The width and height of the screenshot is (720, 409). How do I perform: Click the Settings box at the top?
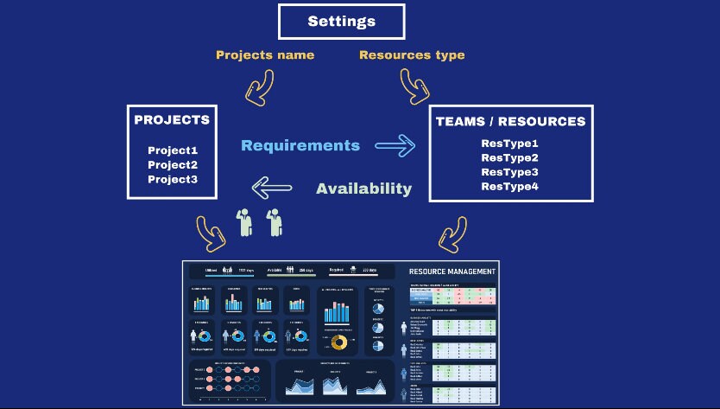click(x=341, y=21)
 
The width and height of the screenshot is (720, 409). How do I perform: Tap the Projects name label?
click(x=264, y=55)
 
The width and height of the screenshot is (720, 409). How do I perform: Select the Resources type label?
click(x=412, y=55)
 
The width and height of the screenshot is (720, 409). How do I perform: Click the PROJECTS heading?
click(x=172, y=119)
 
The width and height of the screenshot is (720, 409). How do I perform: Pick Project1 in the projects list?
click(x=173, y=150)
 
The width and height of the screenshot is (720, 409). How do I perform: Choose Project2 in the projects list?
click(x=173, y=164)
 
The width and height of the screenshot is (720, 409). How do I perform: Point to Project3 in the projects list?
click(x=173, y=179)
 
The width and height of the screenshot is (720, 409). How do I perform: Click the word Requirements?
click(x=300, y=145)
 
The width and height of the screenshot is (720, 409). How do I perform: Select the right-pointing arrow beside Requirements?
click(x=395, y=146)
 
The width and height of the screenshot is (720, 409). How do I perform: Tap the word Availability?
click(x=363, y=189)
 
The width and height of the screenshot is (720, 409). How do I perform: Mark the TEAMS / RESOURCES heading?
click(x=510, y=122)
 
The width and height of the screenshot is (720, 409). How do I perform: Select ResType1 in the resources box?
click(x=509, y=144)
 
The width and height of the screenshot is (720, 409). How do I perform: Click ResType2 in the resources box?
click(x=509, y=157)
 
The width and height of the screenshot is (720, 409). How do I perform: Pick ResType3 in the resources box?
click(x=509, y=172)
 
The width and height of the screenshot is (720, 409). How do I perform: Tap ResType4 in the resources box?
click(x=509, y=186)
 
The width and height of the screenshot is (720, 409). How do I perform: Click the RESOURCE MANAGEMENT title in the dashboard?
click(x=452, y=272)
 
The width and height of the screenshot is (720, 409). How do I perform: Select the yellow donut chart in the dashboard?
click(x=339, y=342)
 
